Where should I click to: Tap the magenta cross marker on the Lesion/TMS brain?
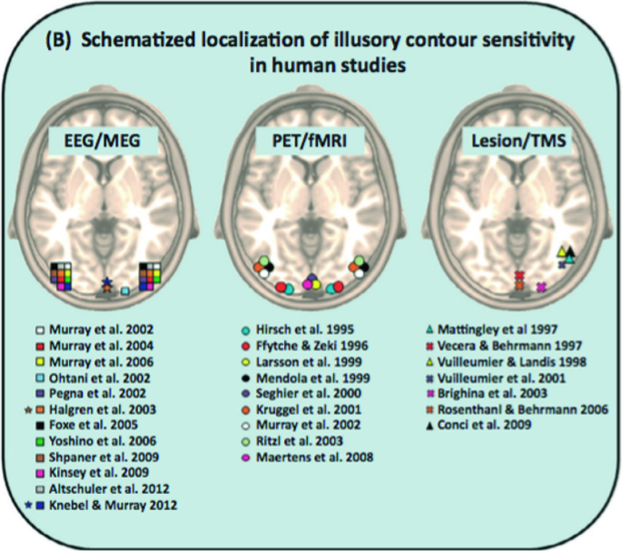(x=541, y=288)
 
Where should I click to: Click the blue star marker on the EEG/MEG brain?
(x=108, y=283)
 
